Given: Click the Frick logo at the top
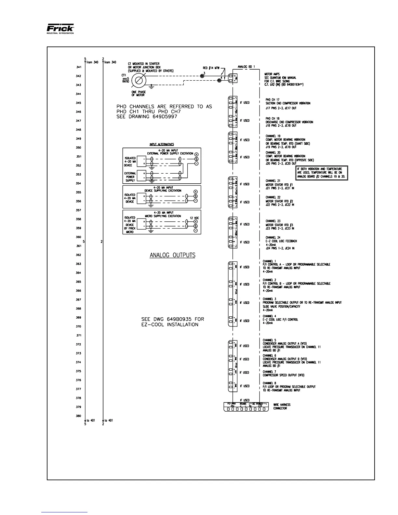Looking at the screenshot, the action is tap(60, 29).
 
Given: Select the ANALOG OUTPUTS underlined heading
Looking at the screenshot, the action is tap(172, 255).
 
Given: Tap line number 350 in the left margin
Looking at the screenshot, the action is tap(78, 148).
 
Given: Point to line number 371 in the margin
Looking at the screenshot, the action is tap(78, 335).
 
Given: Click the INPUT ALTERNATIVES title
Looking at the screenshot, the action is tap(162, 144).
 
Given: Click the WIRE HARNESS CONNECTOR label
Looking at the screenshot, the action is tap(282, 406).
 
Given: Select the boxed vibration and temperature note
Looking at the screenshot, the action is tap(322, 173).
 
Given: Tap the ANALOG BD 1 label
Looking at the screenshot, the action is tap(246, 67).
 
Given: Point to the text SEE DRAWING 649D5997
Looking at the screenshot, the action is tap(147, 117).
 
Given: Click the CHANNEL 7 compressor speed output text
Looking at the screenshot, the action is tap(284, 373).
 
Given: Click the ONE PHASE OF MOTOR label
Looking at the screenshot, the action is tap(137, 93).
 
